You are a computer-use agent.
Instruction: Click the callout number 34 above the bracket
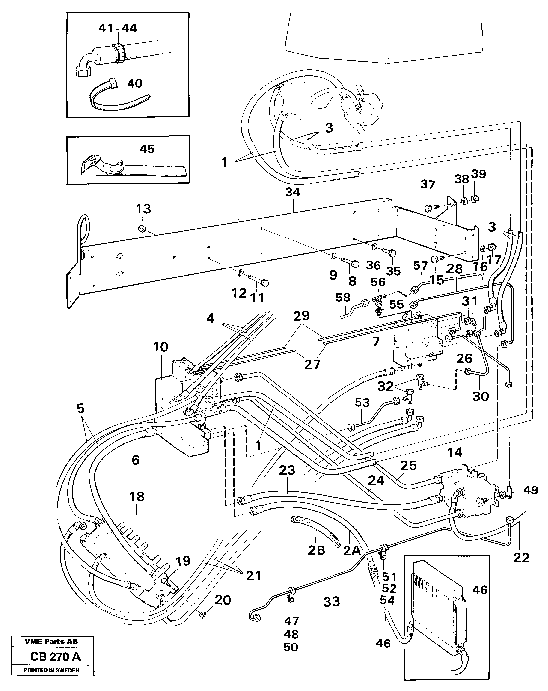click(x=292, y=192)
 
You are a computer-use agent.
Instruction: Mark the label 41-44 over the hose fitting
click(x=118, y=29)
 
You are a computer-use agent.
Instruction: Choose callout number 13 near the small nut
click(x=143, y=209)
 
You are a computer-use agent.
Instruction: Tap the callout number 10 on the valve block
click(x=160, y=347)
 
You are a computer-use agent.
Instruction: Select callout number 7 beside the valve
click(x=376, y=342)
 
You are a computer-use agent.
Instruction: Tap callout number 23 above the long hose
click(x=287, y=470)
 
